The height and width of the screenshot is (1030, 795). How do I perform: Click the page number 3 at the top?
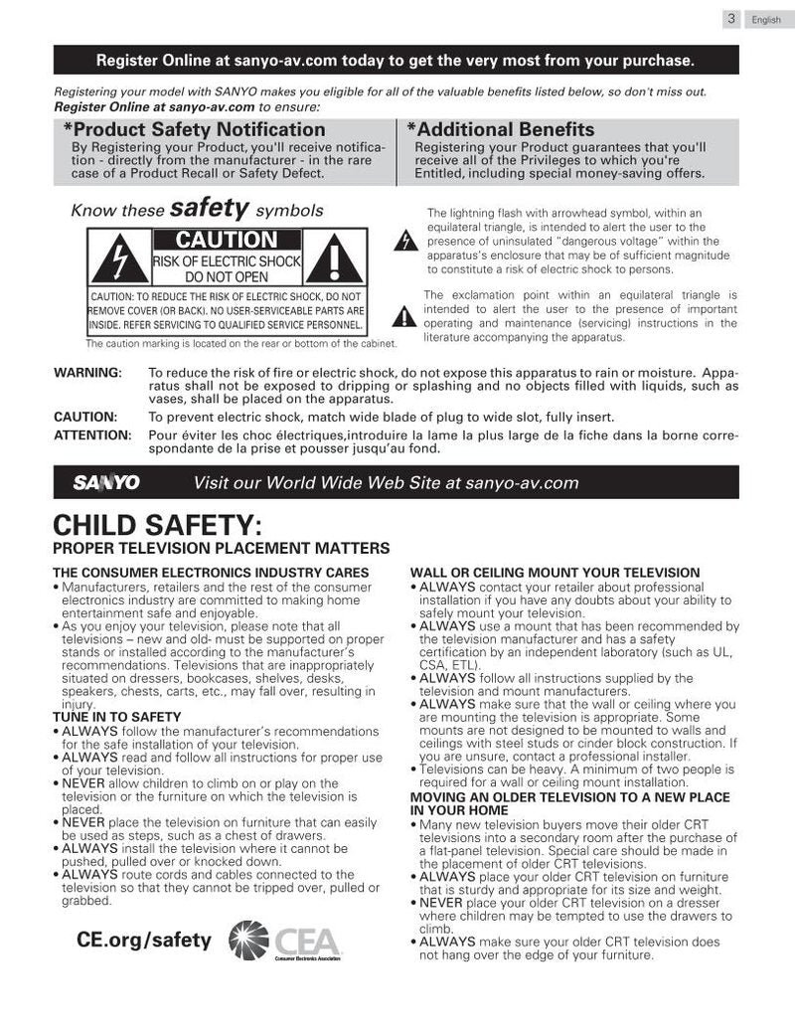(730, 19)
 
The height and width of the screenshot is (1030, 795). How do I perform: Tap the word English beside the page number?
(766, 20)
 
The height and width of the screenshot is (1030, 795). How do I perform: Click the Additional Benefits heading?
(501, 130)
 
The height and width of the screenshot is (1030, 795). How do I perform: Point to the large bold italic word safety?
(210, 208)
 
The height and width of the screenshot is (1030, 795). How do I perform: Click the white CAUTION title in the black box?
(227, 240)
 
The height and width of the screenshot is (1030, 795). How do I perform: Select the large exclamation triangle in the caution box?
(338, 259)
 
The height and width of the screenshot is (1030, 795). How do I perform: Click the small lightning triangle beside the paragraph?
(403, 243)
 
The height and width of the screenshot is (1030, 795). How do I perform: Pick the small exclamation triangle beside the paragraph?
(403, 317)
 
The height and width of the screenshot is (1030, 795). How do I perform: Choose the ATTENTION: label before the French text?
(92, 434)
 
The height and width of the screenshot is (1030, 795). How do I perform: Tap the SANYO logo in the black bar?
(106, 483)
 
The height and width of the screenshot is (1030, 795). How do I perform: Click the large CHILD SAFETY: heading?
(157, 524)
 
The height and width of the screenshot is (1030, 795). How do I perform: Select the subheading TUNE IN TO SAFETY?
(117, 717)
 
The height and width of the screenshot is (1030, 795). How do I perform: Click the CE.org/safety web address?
(144, 940)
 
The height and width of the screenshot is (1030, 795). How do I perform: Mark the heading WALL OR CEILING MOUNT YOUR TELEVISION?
(555, 573)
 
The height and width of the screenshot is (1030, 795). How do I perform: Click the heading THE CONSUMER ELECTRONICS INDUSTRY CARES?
(211, 573)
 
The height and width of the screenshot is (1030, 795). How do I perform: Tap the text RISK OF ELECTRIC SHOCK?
(227, 261)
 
